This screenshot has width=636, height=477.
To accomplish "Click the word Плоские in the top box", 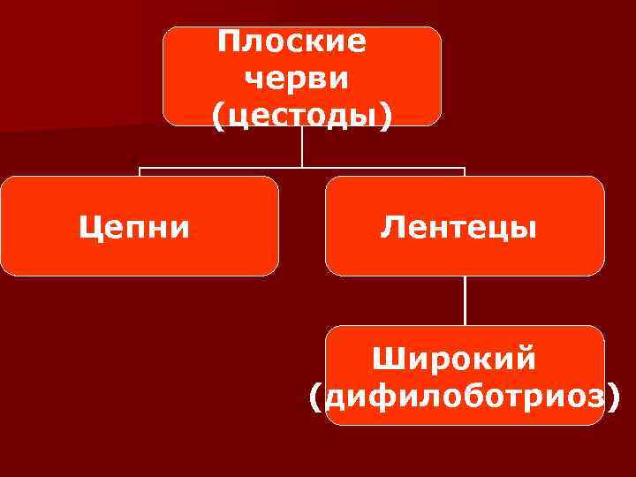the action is (x=291, y=42).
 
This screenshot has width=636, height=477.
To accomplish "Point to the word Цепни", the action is (x=133, y=228).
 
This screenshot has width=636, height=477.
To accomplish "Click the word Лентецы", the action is (x=458, y=228).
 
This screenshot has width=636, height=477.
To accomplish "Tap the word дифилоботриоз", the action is (x=466, y=396).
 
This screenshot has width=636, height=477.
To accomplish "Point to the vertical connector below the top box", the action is (x=302, y=146).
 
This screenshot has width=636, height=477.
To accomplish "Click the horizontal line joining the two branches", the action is (x=221, y=167).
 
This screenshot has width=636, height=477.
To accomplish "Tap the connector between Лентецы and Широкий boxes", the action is (x=465, y=300).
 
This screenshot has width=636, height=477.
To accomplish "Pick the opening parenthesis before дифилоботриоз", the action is (x=317, y=397).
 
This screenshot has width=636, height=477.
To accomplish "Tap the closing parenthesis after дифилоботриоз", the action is (x=613, y=397).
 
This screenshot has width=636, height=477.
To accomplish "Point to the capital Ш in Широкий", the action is (x=385, y=360).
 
